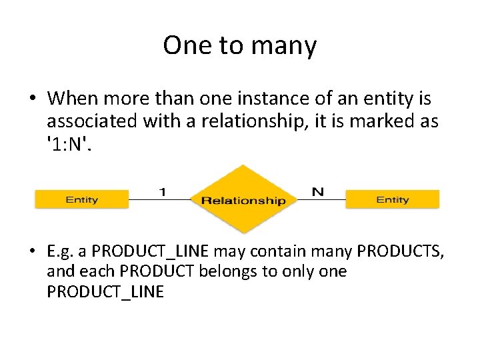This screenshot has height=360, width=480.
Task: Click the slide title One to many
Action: click(239, 45)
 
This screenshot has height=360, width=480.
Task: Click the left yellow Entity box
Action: click(81, 199)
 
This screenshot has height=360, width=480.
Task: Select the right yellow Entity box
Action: click(392, 199)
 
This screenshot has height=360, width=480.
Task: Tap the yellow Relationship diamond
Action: click(243, 199)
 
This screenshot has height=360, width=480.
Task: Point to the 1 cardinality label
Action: click(162, 191)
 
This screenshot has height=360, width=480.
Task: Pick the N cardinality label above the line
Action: click(318, 191)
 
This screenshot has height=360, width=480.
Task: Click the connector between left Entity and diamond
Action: click(159, 199)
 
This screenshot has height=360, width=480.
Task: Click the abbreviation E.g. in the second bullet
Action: click(61, 251)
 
